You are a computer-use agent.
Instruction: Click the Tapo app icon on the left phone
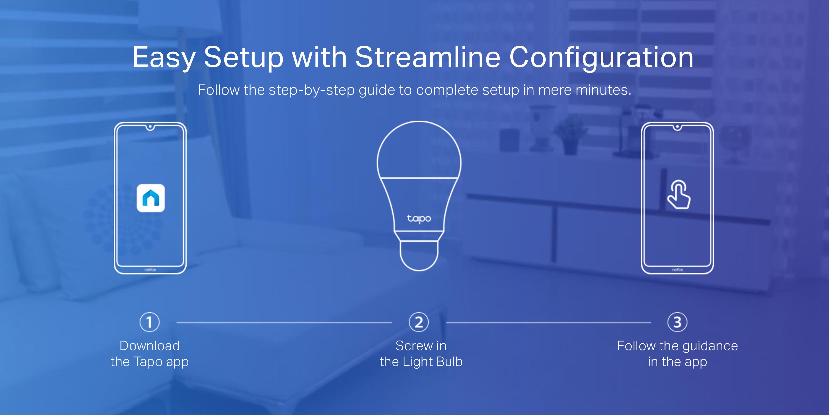click(x=151, y=198)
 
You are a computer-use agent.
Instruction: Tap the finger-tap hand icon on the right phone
click(x=678, y=194)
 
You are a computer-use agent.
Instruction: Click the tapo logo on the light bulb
click(x=419, y=218)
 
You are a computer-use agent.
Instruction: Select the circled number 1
click(x=149, y=322)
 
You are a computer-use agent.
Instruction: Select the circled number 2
click(x=419, y=322)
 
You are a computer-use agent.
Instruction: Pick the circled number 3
click(x=677, y=322)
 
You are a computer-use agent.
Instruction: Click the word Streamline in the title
click(x=428, y=57)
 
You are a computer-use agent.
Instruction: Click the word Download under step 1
click(x=150, y=346)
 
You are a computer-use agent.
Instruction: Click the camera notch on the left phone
click(x=150, y=127)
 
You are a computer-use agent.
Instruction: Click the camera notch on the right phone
click(x=677, y=127)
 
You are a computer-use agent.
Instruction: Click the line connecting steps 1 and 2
click(x=284, y=322)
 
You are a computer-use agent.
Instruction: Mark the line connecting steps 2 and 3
click(x=548, y=322)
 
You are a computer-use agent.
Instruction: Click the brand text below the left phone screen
click(x=150, y=270)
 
